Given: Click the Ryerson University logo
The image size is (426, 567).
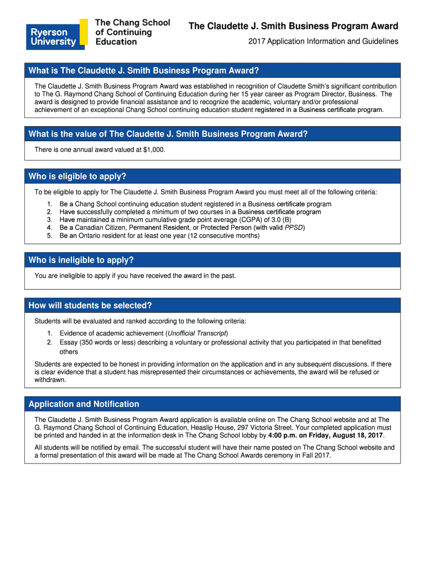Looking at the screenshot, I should coord(56,34).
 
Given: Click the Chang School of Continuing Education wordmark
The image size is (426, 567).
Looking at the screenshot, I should coord(132,32).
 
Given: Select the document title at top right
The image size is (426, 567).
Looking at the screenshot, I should coord(293,26).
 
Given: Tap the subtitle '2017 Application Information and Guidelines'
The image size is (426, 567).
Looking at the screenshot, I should coord(323,42).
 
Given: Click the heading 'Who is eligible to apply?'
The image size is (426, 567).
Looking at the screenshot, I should coord(77,177).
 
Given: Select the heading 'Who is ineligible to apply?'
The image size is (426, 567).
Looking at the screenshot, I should coord(81,260).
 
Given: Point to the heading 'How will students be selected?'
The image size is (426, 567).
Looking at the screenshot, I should coord(90,306).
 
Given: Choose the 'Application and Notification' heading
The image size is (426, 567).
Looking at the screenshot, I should coord(84,404).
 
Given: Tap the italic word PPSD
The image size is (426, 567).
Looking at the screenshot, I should coord(294,228).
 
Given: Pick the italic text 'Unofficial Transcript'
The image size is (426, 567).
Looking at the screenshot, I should coord(197,333).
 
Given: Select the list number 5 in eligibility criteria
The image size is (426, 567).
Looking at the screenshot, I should coord(49,236).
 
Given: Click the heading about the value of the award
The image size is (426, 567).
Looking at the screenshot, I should coord(168,134).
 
